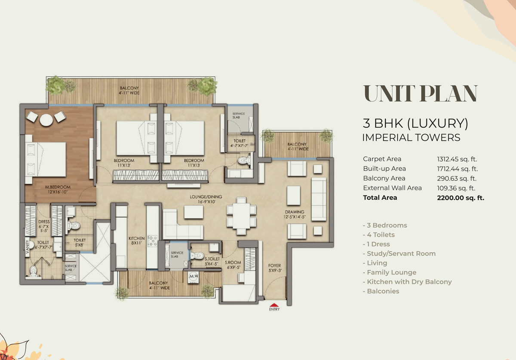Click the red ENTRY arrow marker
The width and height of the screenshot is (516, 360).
274,304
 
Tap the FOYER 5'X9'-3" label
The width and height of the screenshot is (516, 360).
274,268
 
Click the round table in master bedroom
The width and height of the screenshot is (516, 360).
46,121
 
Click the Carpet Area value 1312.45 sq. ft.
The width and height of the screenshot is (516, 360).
457,159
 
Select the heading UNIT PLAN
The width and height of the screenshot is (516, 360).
420,94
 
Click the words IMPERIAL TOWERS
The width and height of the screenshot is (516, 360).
411,138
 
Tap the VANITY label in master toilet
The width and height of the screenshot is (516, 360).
27,249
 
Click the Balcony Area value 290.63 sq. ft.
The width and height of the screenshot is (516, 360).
457,178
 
